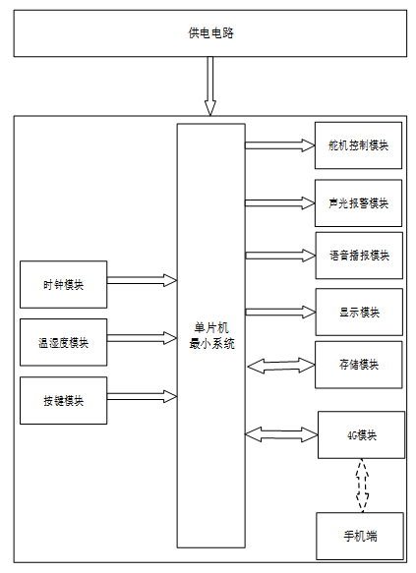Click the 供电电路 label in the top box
click(210, 33)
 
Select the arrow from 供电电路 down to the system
click(210, 86)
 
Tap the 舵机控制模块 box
click(358, 145)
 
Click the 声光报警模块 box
click(358, 202)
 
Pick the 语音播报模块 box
click(359, 256)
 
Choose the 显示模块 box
click(359, 313)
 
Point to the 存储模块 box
click(359, 365)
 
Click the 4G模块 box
click(361, 434)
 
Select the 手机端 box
click(360, 536)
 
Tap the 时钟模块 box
click(64, 285)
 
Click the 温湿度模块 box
click(64, 342)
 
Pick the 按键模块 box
click(64, 401)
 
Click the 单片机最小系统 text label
click(211, 336)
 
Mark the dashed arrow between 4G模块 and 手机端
click(362, 486)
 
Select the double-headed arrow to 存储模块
click(280, 366)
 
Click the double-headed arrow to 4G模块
click(281, 434)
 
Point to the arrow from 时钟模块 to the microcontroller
click(143, 280)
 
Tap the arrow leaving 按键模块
click(143, 396)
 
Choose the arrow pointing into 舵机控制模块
click(280, 145)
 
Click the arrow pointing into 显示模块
click(280, 313)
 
